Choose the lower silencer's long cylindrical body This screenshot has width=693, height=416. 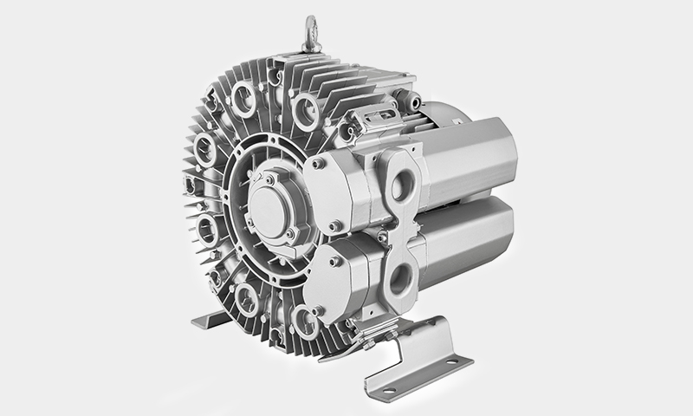472,256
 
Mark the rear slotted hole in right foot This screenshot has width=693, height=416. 457,358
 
